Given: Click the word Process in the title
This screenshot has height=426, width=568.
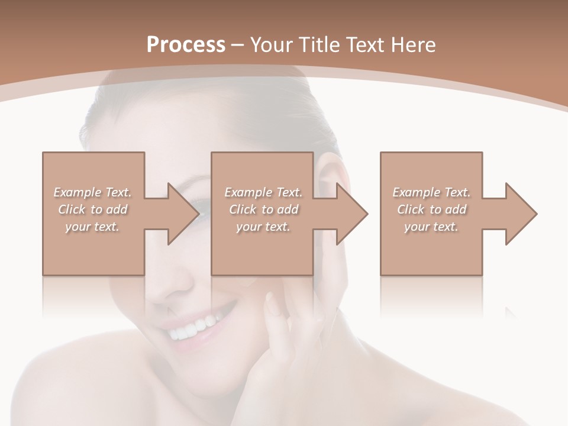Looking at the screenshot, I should tap(186, 45).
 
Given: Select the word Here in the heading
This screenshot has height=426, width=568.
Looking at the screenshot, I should tap(414, 45).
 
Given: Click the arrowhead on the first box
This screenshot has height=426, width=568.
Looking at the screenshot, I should tap(183, 214).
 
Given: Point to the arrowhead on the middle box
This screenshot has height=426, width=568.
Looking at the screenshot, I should tap(352, 214).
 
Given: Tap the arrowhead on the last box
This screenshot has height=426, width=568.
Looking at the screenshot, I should tap(521, 214).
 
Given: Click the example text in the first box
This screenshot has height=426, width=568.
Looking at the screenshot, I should tap(93, 209).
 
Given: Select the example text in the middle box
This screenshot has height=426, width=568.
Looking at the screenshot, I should tap(263, 209).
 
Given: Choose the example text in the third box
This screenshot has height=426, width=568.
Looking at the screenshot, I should tap(431, 209).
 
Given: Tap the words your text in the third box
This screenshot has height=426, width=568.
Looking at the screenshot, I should tap(431, 227).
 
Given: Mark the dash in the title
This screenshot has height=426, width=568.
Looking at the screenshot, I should tap(238, 45).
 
